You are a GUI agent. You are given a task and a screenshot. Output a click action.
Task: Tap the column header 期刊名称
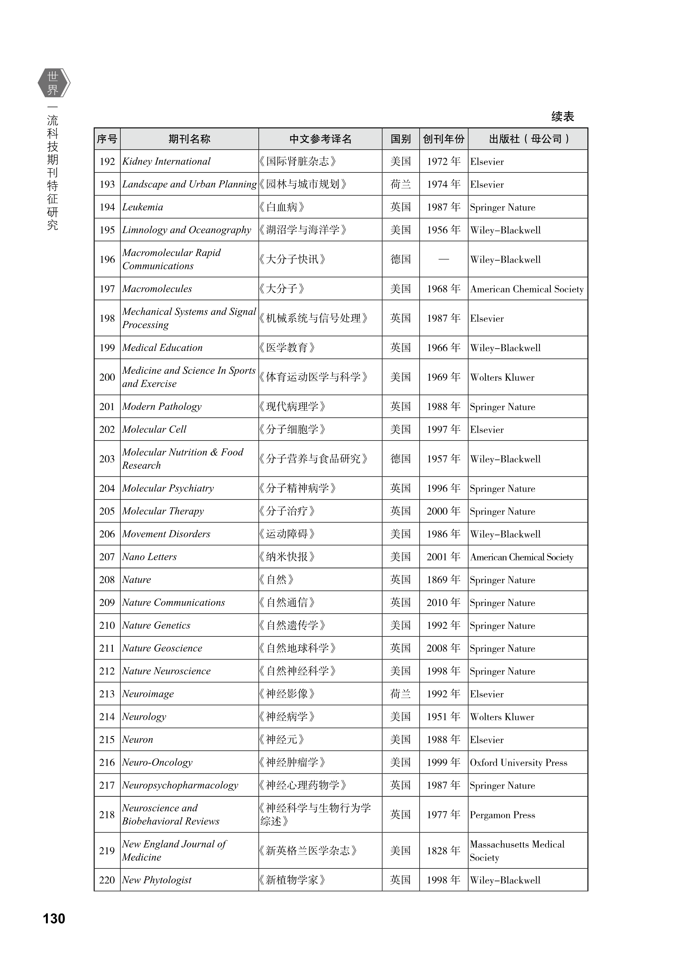189,139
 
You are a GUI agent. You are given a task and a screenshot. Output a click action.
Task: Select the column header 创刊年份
444,139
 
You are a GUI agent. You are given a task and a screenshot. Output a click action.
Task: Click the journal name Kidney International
166,162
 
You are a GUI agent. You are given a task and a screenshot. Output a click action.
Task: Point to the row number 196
107,259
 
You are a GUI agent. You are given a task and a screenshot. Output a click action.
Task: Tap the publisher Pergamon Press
502,815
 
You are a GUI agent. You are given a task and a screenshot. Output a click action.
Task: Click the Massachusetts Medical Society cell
517,851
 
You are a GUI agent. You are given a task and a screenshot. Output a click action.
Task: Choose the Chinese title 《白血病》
282,207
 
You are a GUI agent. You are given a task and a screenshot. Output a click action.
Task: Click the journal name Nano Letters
149,557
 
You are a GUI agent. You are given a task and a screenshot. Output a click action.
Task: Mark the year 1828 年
444,851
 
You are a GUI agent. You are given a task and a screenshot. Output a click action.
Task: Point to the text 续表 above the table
562,116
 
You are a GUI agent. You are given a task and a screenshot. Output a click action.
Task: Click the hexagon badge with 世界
53,83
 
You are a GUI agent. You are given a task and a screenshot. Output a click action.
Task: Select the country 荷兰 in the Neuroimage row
401,694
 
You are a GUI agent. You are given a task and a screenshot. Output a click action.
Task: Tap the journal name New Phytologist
157,880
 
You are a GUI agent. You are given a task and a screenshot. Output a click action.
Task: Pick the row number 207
107,557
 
